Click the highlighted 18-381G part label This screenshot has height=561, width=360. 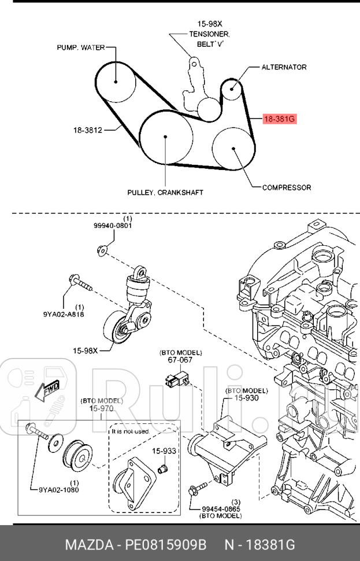(279, 120)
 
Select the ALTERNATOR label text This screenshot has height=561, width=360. (284, 67)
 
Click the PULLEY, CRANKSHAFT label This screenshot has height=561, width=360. (165, 193)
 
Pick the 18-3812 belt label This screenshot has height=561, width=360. (88, 130)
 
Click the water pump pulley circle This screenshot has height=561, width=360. (115, 81)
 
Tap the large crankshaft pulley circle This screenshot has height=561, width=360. (166, 138)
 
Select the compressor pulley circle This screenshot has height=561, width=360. (233, 148)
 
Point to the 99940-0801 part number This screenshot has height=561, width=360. (113, 226)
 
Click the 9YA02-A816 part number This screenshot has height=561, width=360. (63, 314)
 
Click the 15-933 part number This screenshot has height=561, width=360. (164, 451)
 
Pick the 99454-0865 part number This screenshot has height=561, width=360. (220, 508)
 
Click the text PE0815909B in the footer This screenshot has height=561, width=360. (166, 544)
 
